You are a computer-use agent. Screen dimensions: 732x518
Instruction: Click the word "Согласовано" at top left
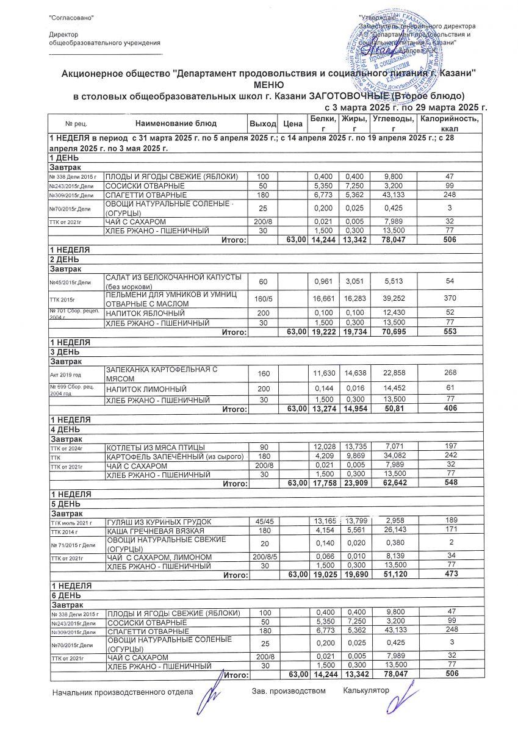[x=71, y=18]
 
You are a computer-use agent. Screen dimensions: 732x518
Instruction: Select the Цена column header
[x=293, y=124]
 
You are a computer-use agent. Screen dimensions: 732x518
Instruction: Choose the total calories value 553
[x=450, y=332]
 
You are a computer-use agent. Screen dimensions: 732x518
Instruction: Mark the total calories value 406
[x=450, y=409]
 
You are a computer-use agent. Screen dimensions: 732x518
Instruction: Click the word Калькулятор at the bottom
[x=365, y=691]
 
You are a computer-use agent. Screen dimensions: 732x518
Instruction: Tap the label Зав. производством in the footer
[x=289, y=691]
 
